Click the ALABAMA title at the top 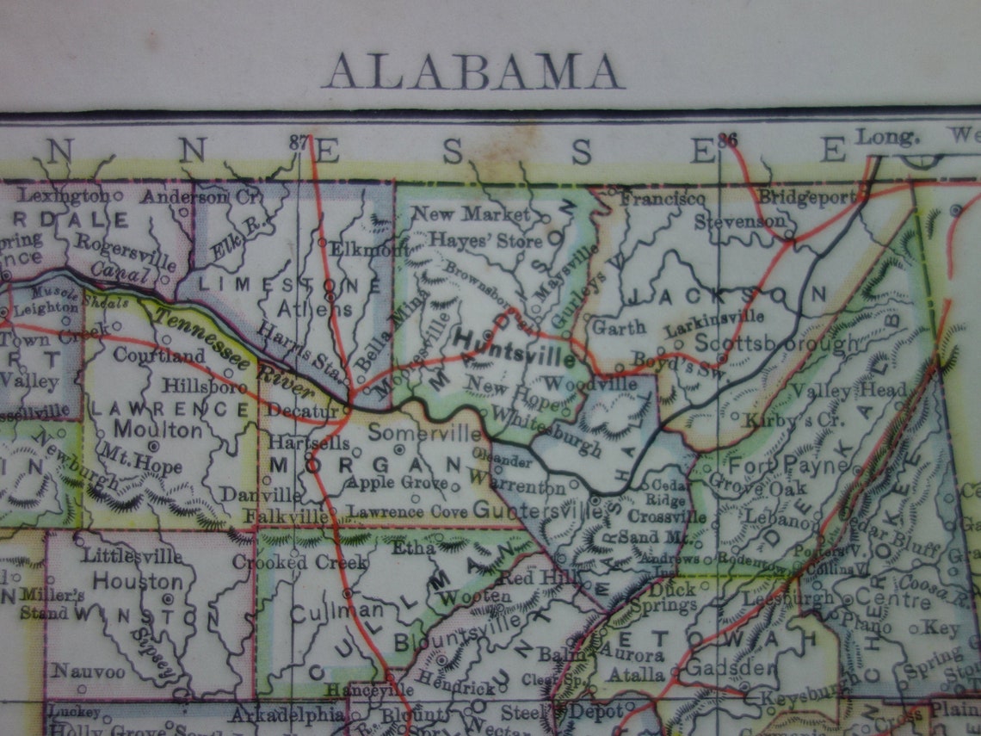pyautogui.click(x=472, y=72)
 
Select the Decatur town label pyautogui.click(x=302, y=411)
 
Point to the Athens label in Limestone pyautogui.click(x=315, y=308)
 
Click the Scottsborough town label pyautogui.click(x=776, y=342)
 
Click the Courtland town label pyautogui.click(x=158, y=355)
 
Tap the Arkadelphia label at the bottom pyautogui.click(x=287, y=714)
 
